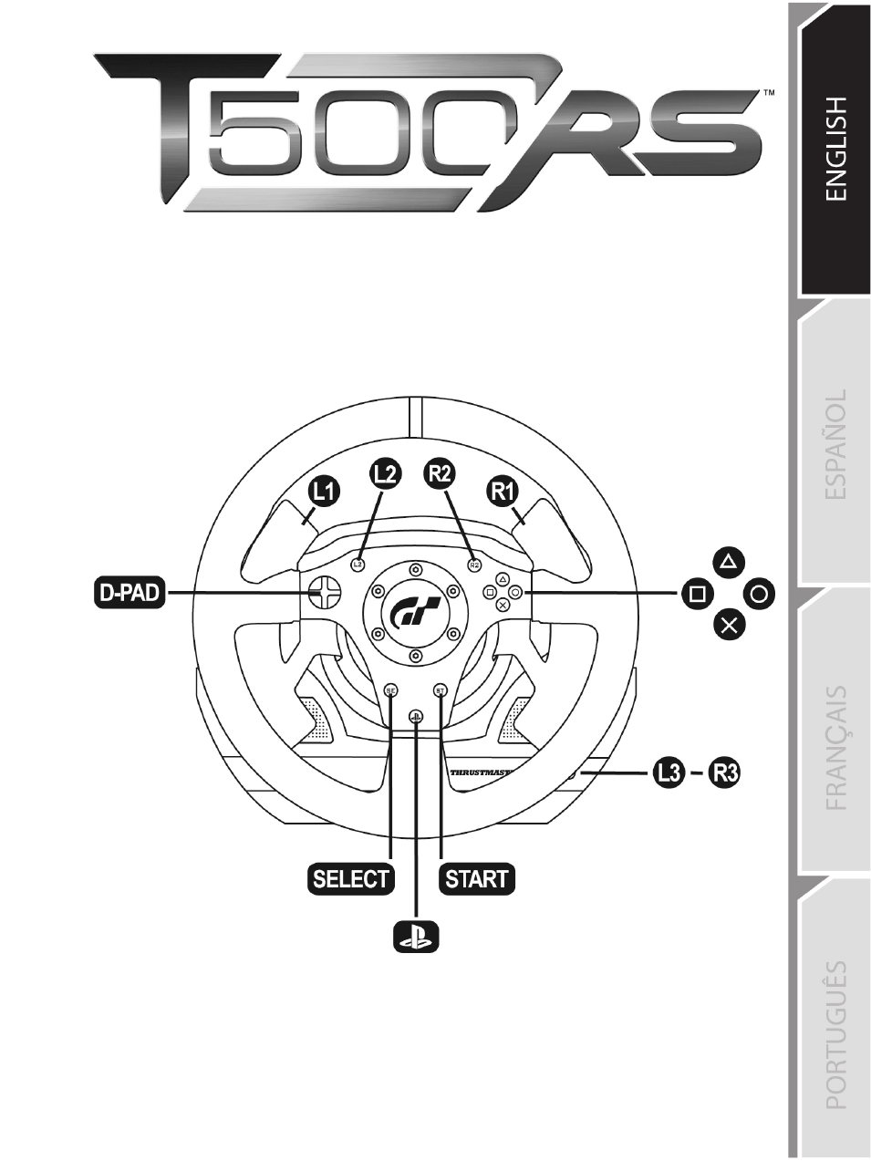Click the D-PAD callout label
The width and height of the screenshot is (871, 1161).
click(130, 594)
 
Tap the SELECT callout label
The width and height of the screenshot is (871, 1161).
click(351, 879)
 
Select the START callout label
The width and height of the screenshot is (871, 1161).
click(477, 879)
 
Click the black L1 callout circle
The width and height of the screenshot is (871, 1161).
click(324, 493)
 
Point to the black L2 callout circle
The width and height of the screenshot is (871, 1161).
click(385, 474)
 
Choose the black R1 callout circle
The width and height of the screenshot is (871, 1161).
click(503, 493)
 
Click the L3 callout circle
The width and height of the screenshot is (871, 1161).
click(669, 773)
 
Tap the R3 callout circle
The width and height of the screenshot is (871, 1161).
click(724, 773)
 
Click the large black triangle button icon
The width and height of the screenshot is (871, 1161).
click(730, 562)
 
